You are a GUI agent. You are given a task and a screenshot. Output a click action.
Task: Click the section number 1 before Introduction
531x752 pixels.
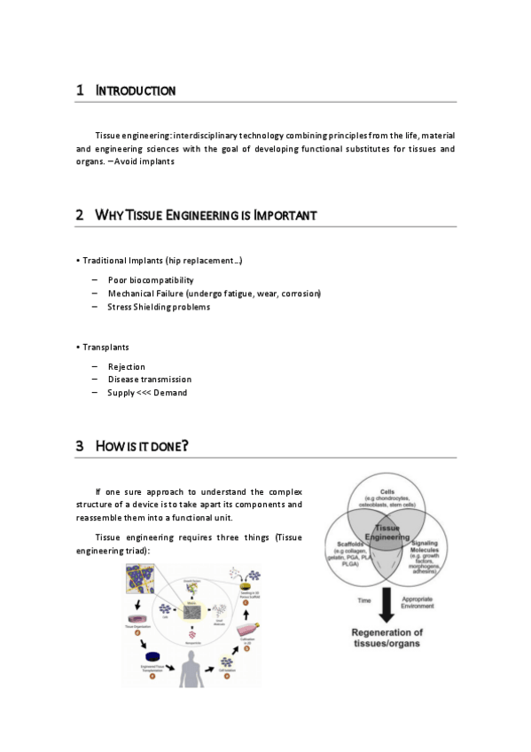point(80,90)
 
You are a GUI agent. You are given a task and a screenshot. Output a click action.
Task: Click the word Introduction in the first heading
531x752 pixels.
point(135,90)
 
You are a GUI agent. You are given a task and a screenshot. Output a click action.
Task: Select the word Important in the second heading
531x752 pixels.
point(285,215)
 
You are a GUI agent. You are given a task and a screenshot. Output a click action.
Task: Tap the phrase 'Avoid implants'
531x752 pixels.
point(144,161)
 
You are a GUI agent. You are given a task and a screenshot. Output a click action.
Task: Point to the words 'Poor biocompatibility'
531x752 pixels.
point(150,280)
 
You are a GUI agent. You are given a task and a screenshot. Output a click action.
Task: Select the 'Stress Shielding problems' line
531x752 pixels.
point(159,307)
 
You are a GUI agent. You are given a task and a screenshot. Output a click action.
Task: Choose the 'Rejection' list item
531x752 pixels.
point(126,366)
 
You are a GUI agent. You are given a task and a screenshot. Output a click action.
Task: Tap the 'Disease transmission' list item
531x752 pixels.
point(149,380)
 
